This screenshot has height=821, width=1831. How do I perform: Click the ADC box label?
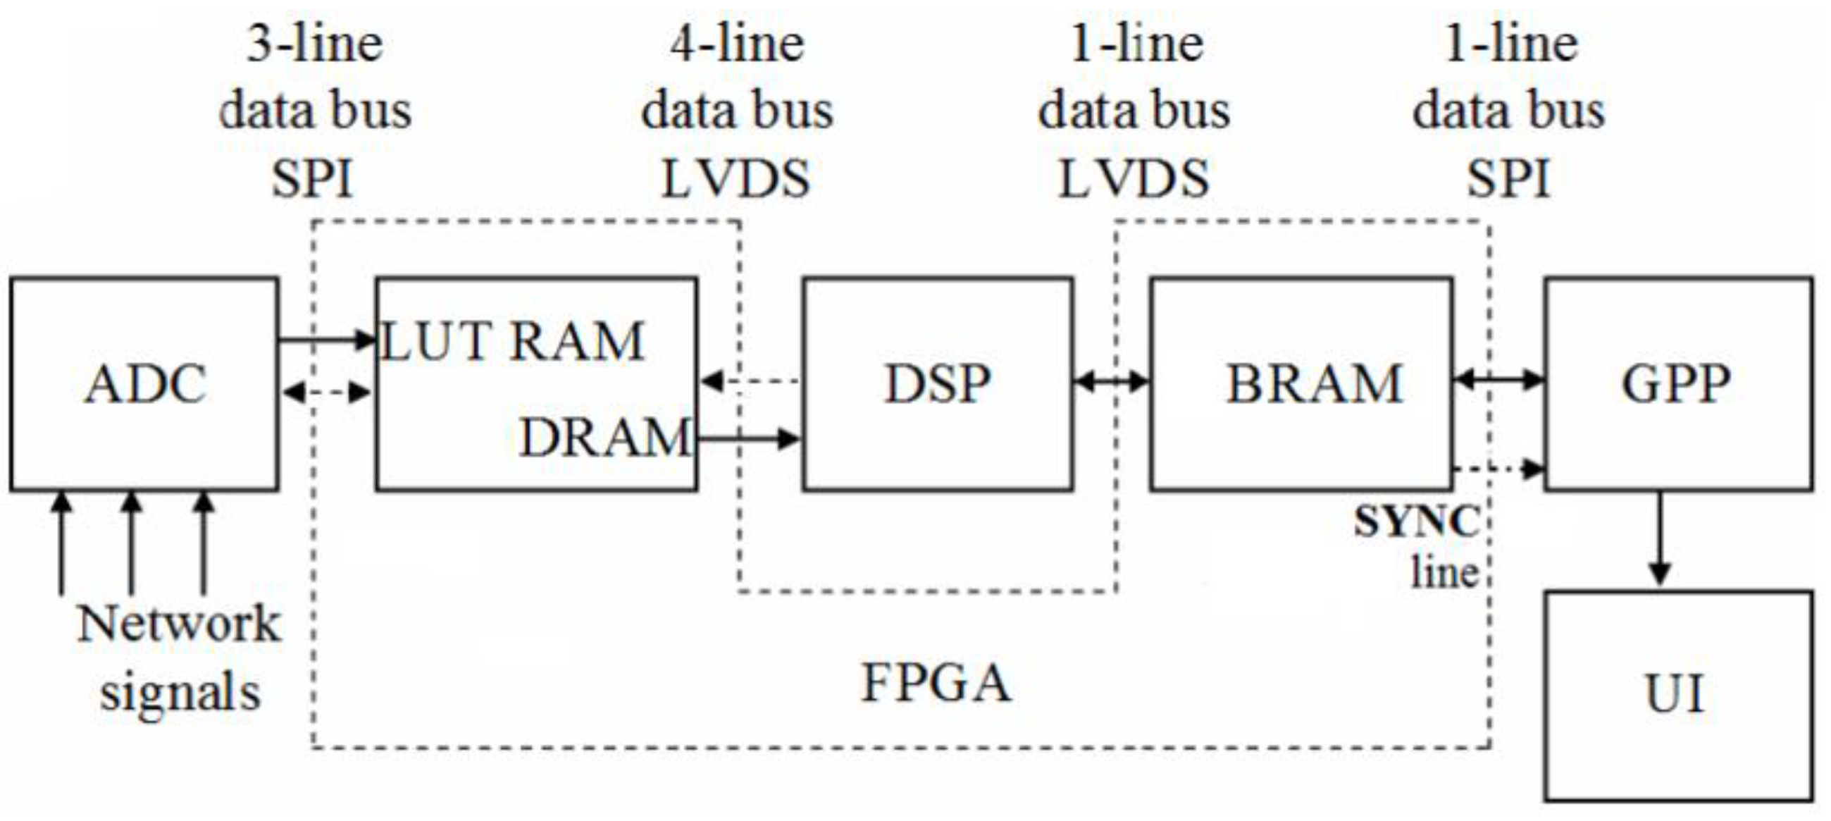pos(145,385)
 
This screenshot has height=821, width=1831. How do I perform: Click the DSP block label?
pos(938,385)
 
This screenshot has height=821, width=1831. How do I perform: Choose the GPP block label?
pos(1675,385)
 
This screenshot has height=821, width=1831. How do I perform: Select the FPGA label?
pos(936,682)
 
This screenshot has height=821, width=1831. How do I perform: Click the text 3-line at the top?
pos(315,44)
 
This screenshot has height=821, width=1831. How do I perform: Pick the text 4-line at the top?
pos(737,44)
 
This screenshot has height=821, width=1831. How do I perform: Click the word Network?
pos(178,624)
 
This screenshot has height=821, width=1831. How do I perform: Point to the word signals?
pos(180,692)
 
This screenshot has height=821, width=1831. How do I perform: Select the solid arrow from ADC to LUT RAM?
pos(327,340)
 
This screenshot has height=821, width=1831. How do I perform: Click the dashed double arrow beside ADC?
pos(327,392)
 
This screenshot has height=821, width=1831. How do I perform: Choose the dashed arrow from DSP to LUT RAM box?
pos(750,381)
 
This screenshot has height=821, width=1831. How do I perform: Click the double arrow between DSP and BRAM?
pos(1111,382)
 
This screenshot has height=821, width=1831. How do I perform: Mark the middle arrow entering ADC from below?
pos(131,544)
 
